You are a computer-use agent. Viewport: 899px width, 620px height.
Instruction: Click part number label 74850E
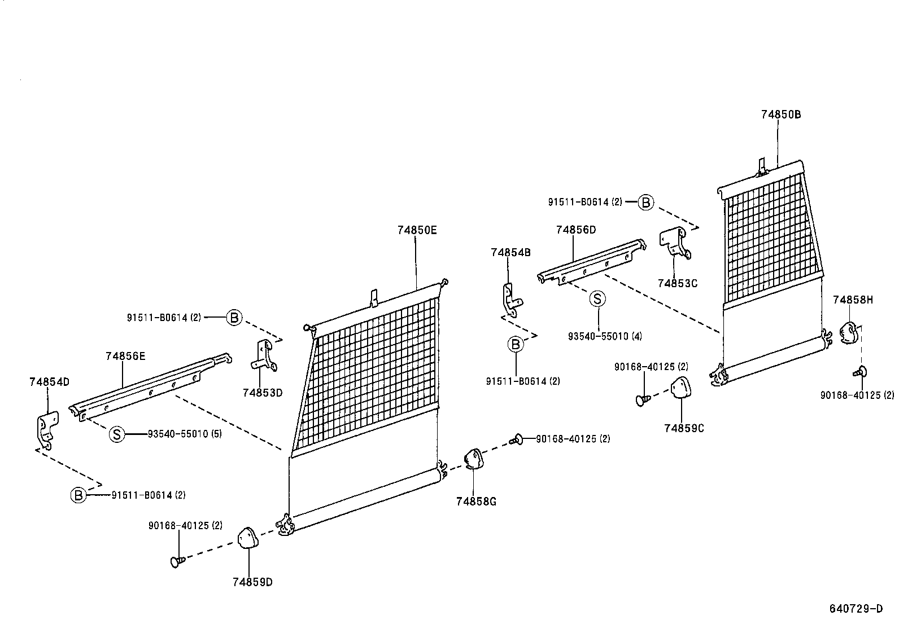point(417,230)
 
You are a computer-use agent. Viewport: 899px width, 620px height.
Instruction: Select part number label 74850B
point(780,114)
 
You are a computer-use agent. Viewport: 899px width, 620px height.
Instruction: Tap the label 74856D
point(575,230)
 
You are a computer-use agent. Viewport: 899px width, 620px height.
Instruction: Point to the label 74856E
point(125,356)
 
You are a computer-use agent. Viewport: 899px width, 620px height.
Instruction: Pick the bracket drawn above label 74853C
point(675,243)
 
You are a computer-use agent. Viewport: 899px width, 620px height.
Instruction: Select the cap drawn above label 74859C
point(680,389)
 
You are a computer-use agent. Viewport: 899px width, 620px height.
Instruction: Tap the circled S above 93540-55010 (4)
point(597,299)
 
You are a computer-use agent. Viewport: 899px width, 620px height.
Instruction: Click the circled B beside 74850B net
point(645,202)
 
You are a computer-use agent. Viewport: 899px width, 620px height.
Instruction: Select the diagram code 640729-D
point(856,609)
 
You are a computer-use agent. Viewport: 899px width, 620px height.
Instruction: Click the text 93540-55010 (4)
point(605,336)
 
